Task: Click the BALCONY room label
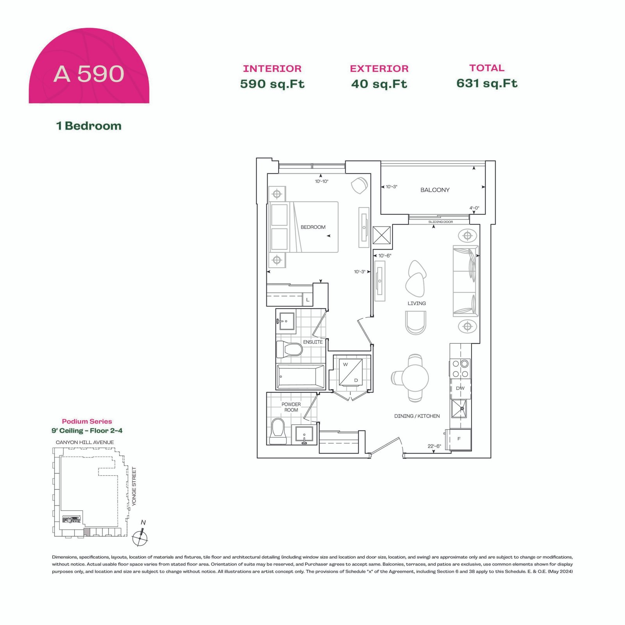(x=435, y=190)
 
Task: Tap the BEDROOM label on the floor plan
(x=313, y=227)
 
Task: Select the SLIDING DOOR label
(x=441, y=222)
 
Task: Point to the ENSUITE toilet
(x=289, y=349)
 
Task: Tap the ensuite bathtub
(x=300, y=377)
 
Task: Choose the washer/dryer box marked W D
(x=351, y=372)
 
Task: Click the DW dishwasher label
(x=460, y=388)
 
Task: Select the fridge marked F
(x=459, y=439)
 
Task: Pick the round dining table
(x=415, y=378)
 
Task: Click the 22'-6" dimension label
(x=434, y=446)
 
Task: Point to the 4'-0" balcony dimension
(x=474, y=208)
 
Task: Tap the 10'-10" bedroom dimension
(x=321, y=181)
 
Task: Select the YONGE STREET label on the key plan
(x=134, y=486)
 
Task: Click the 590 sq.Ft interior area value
(x=272, y=84)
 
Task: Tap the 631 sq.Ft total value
(x=487, y=83)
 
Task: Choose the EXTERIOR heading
(x=379, y=69)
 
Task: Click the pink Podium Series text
(x=87, y=421)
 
